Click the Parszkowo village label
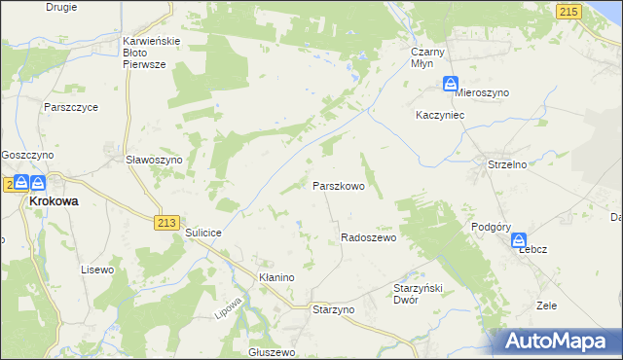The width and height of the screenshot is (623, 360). pyautogui.click(x=338, y=185)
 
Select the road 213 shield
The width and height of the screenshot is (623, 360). pyautogui.click(x=165, y=222)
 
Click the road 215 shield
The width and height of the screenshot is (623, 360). pyautogui.click(x=569, y=10)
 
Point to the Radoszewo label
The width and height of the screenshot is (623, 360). pyautogui.click(x=368, y=238)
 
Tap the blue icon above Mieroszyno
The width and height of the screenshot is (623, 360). pyautogui.click(x=451, y=84)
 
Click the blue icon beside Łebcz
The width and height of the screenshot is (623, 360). pyautogui.click(x=520, y=240)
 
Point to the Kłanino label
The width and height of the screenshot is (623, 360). pyautogui.click(x=275, y=277)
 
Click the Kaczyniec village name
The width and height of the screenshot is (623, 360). pyautogui.click(x=437, y=115)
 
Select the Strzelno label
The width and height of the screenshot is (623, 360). pyautogui.click(x=507, y=164)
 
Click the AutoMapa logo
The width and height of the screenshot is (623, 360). pyautogui.click(x=558, y=341)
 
